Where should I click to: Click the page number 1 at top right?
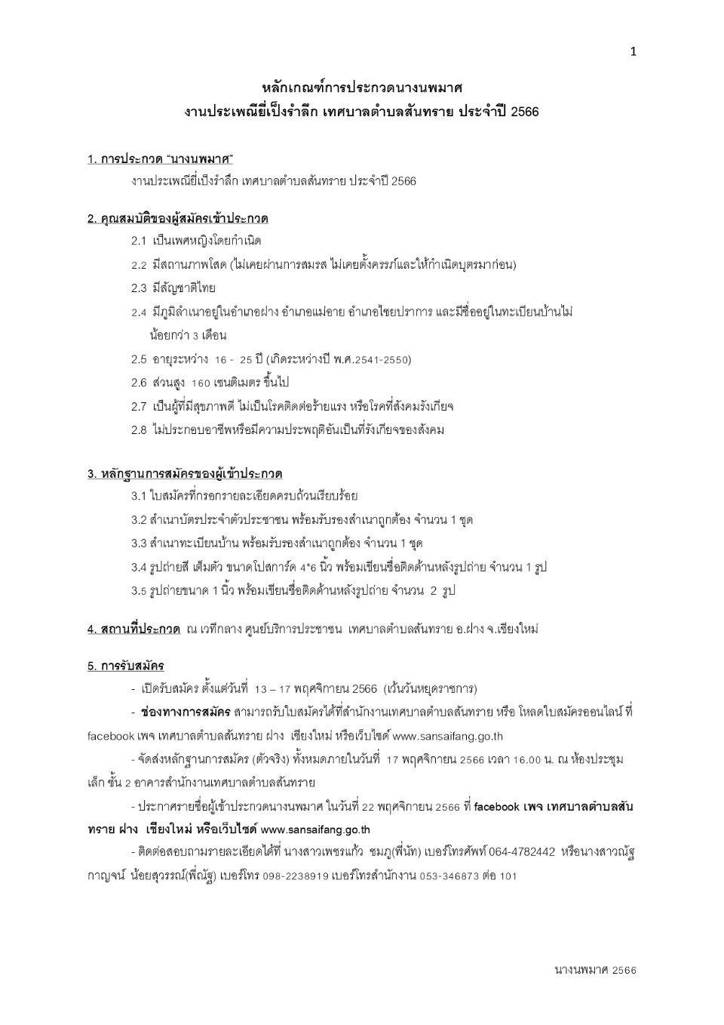point(633,51)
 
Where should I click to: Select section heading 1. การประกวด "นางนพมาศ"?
point(160,159)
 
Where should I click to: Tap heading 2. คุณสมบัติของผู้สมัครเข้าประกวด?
point(178,219)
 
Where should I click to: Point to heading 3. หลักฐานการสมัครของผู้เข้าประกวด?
point(185,474)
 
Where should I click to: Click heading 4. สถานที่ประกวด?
point(133,629)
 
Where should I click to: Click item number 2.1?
point(139,241)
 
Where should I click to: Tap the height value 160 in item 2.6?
point(201,383)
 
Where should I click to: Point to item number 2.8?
point(139,430)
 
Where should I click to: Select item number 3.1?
point(138,496)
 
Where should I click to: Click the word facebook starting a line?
point(110,736)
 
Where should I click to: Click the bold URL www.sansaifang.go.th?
point(315,830)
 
